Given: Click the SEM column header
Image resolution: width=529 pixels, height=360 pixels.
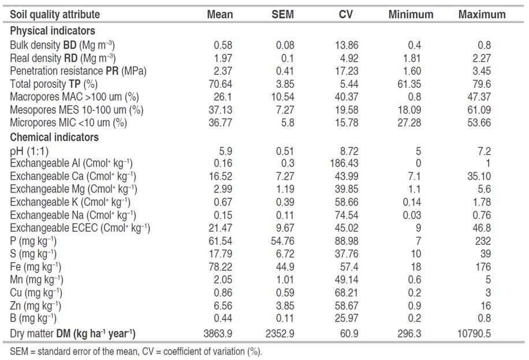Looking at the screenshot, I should [x=282, y=14].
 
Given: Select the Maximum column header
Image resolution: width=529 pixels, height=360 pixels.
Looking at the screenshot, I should [x=482, y=14].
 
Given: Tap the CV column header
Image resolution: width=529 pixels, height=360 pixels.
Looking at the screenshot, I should [x=345, y=14].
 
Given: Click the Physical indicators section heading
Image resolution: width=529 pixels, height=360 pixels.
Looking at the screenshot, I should [x=53, y=31].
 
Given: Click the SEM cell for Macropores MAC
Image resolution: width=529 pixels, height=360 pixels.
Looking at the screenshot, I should [x=282, y=96].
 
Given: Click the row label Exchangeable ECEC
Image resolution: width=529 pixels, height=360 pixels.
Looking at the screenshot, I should [x=80, y=228].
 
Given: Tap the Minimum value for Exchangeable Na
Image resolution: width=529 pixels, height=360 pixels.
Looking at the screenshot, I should [x=419, y=215].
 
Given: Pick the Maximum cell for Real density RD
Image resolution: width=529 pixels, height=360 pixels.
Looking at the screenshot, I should [x=482, y=58].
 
